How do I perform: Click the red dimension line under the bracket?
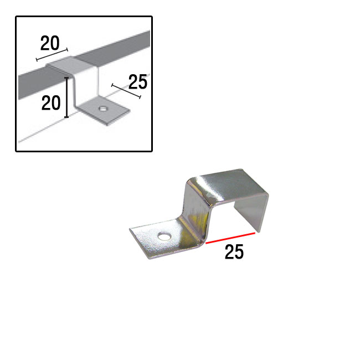click(x=230, y=238)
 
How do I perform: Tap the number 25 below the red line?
click(x=234, y=252)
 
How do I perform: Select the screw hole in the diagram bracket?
click(x=103, y=108)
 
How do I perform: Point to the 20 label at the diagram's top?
click(x=50, y=43)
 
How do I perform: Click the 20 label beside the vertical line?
click(x=51, y=103)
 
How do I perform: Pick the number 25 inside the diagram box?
click(x=138, y=82)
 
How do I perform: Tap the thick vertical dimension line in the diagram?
click(x=66, y=97)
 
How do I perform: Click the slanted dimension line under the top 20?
click(x=52, y=55)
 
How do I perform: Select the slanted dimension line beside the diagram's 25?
click(x=126, y=91)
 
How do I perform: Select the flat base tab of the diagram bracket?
click(x=104, y=111)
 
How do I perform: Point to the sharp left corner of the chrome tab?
click(x=130, y=229)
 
